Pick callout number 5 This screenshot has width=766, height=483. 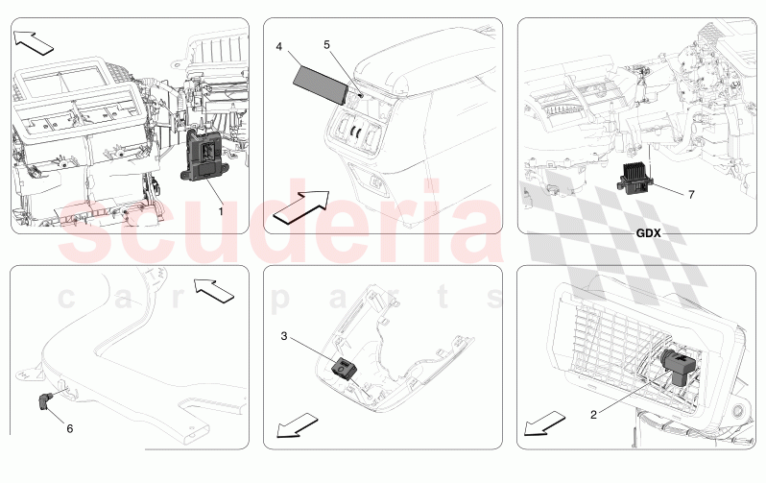click(325, 44)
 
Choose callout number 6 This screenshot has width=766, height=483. click(69, 428)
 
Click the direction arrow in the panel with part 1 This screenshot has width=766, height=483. click(36, 41)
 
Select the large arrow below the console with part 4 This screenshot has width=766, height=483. click(300, 206)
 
